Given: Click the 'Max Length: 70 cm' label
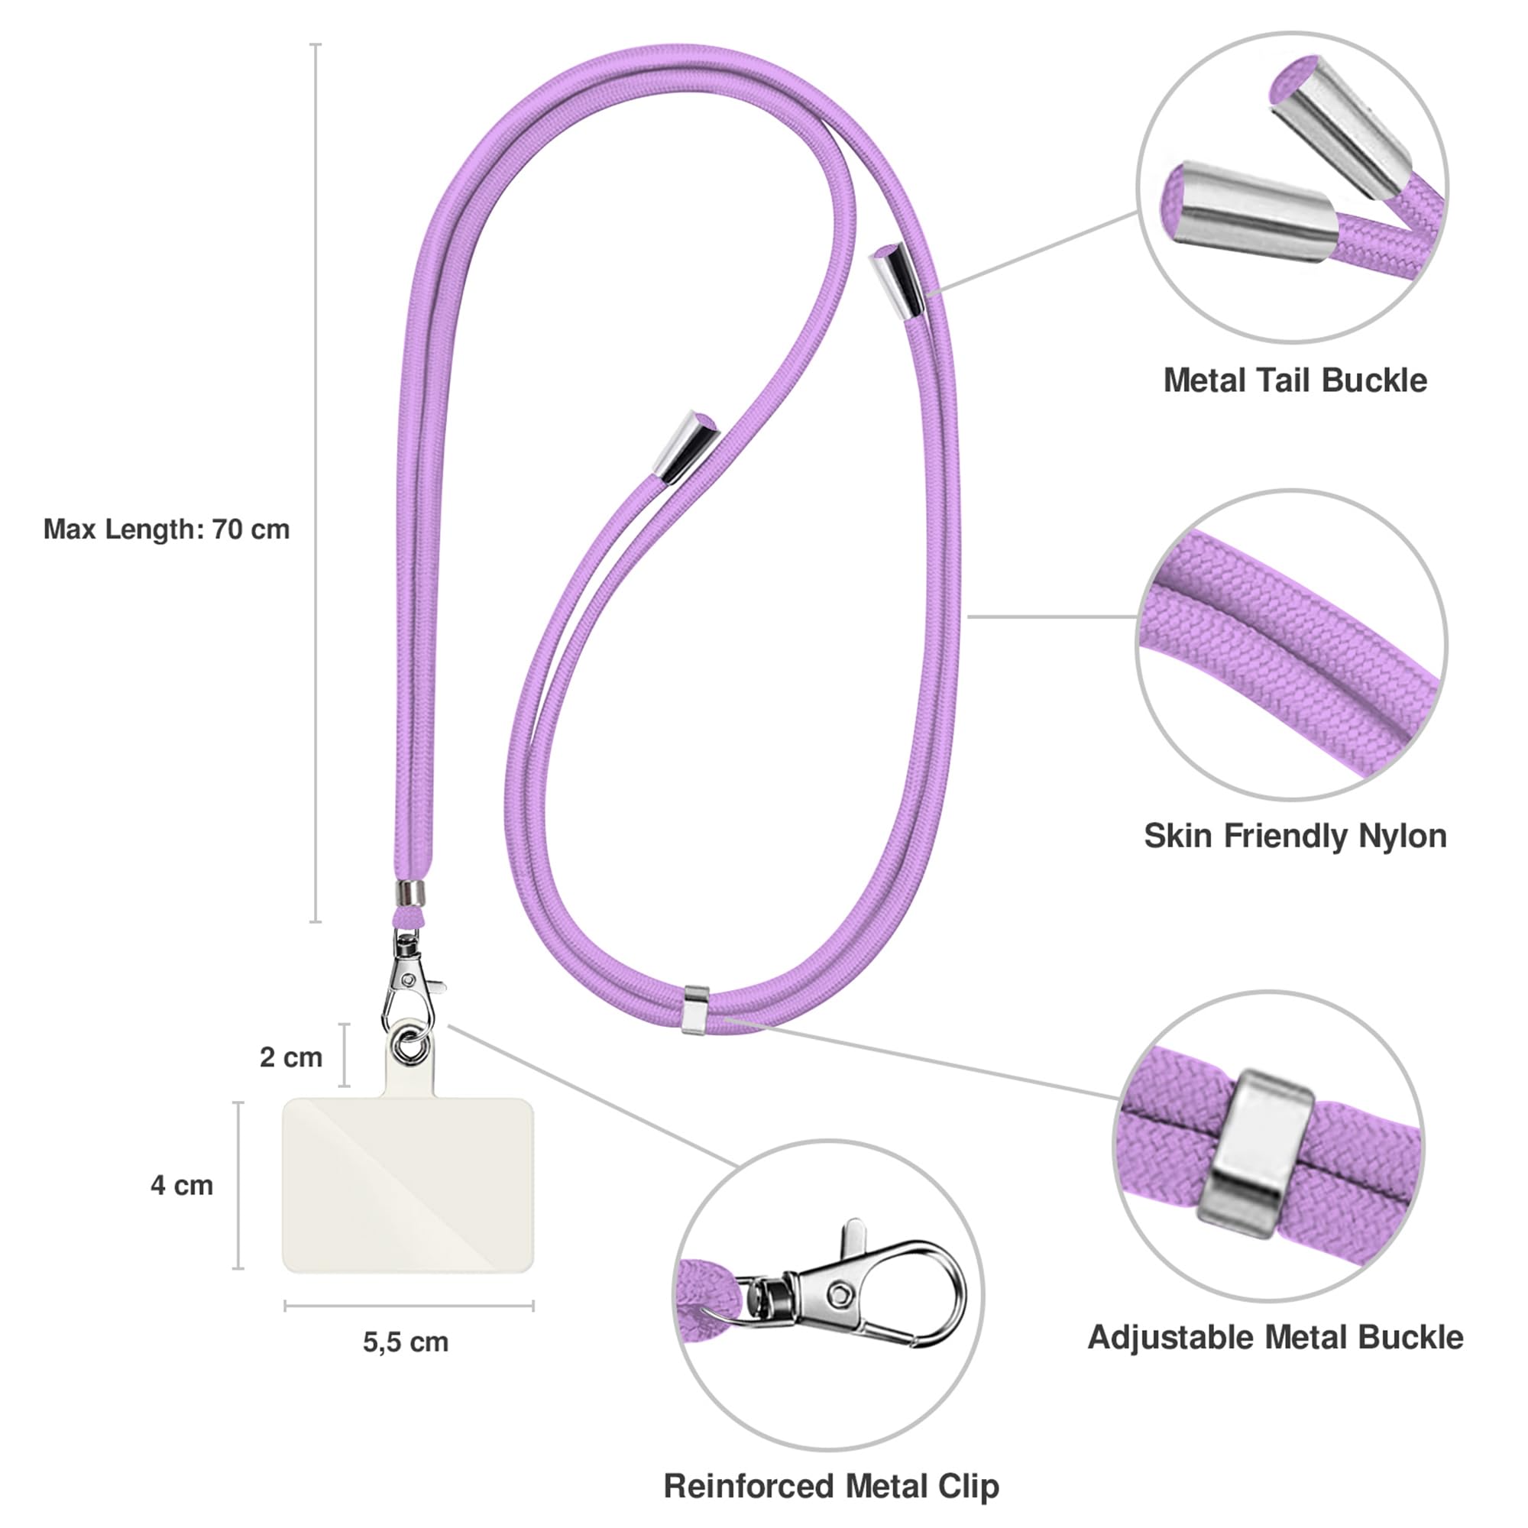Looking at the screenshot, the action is [167, 529].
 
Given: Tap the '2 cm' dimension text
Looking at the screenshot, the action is [291, 1057].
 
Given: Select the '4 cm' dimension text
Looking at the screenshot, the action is [182, 1185].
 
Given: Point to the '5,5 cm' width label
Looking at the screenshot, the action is [406, 1342].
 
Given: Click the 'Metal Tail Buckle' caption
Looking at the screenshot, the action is [1295, 380].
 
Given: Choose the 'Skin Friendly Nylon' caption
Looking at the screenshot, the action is [1295, 836].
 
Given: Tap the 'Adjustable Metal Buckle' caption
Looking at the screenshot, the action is [1275, 1338].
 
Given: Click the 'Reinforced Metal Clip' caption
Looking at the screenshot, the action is [831, 1486].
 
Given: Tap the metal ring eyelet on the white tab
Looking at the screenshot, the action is [411, 1046].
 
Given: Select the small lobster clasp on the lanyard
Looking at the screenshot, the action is [410, 981].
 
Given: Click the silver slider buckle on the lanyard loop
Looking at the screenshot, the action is [694, 1009].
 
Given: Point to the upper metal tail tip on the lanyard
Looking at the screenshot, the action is [897, 279].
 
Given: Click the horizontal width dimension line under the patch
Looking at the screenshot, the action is [409, 1306].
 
